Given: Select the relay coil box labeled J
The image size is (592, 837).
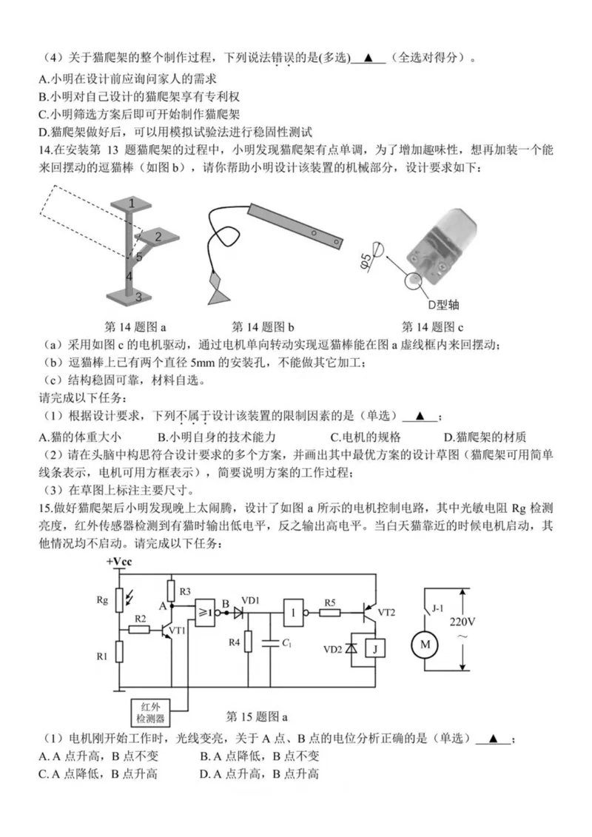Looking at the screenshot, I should [377, 649].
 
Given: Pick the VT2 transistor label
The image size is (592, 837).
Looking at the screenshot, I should [387, 612].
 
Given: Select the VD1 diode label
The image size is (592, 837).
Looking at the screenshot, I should [251, 600].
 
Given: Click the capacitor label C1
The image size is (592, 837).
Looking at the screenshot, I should [284, 644].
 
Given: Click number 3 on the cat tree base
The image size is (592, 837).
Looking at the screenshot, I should [138, 296].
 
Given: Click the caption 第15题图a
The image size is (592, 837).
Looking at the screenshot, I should [256, 716].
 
